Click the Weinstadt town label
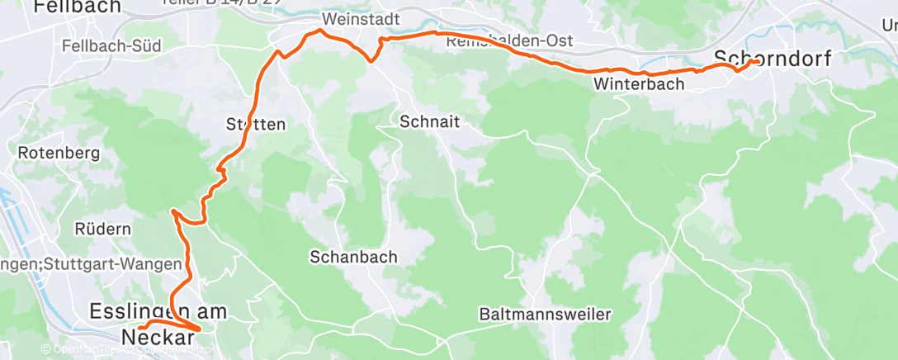pos(362,18)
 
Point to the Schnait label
pos(429,121)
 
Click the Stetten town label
pos(255,125)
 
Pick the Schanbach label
pos(353,257)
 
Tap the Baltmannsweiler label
pos(545,314)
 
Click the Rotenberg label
pos(59,153)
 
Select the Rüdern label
pos(103,228)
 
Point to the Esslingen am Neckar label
pos(158,323)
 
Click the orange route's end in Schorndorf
pos(758,61)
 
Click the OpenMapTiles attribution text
pos(83,349)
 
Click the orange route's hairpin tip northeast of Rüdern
pos(173,212)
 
